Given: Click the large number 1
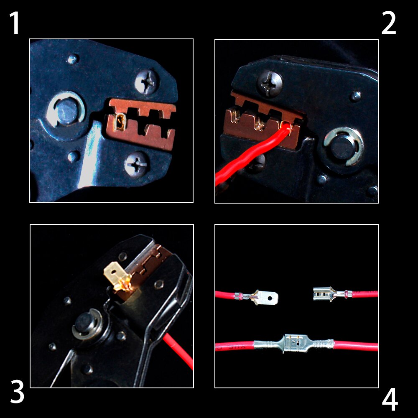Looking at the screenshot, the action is click(x=15, y=23).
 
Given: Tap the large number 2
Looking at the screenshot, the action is click(x=389, y=23).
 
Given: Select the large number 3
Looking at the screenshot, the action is click(x=17, y=392).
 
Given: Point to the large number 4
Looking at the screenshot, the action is click(x=390, y=400).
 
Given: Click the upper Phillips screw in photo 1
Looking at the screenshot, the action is click(x=147, y=82).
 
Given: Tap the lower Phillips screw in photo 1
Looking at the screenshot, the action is click(x=137, y=164).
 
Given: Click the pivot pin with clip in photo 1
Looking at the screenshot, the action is click(x=66, y=110).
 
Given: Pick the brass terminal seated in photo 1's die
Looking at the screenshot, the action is click(x=120, y=122).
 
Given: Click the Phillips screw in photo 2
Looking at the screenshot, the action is click(x=269, y=83).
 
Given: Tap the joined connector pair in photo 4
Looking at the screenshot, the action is click(x=293, y=344).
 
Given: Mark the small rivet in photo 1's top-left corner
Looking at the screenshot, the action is click(x=72, y=59).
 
